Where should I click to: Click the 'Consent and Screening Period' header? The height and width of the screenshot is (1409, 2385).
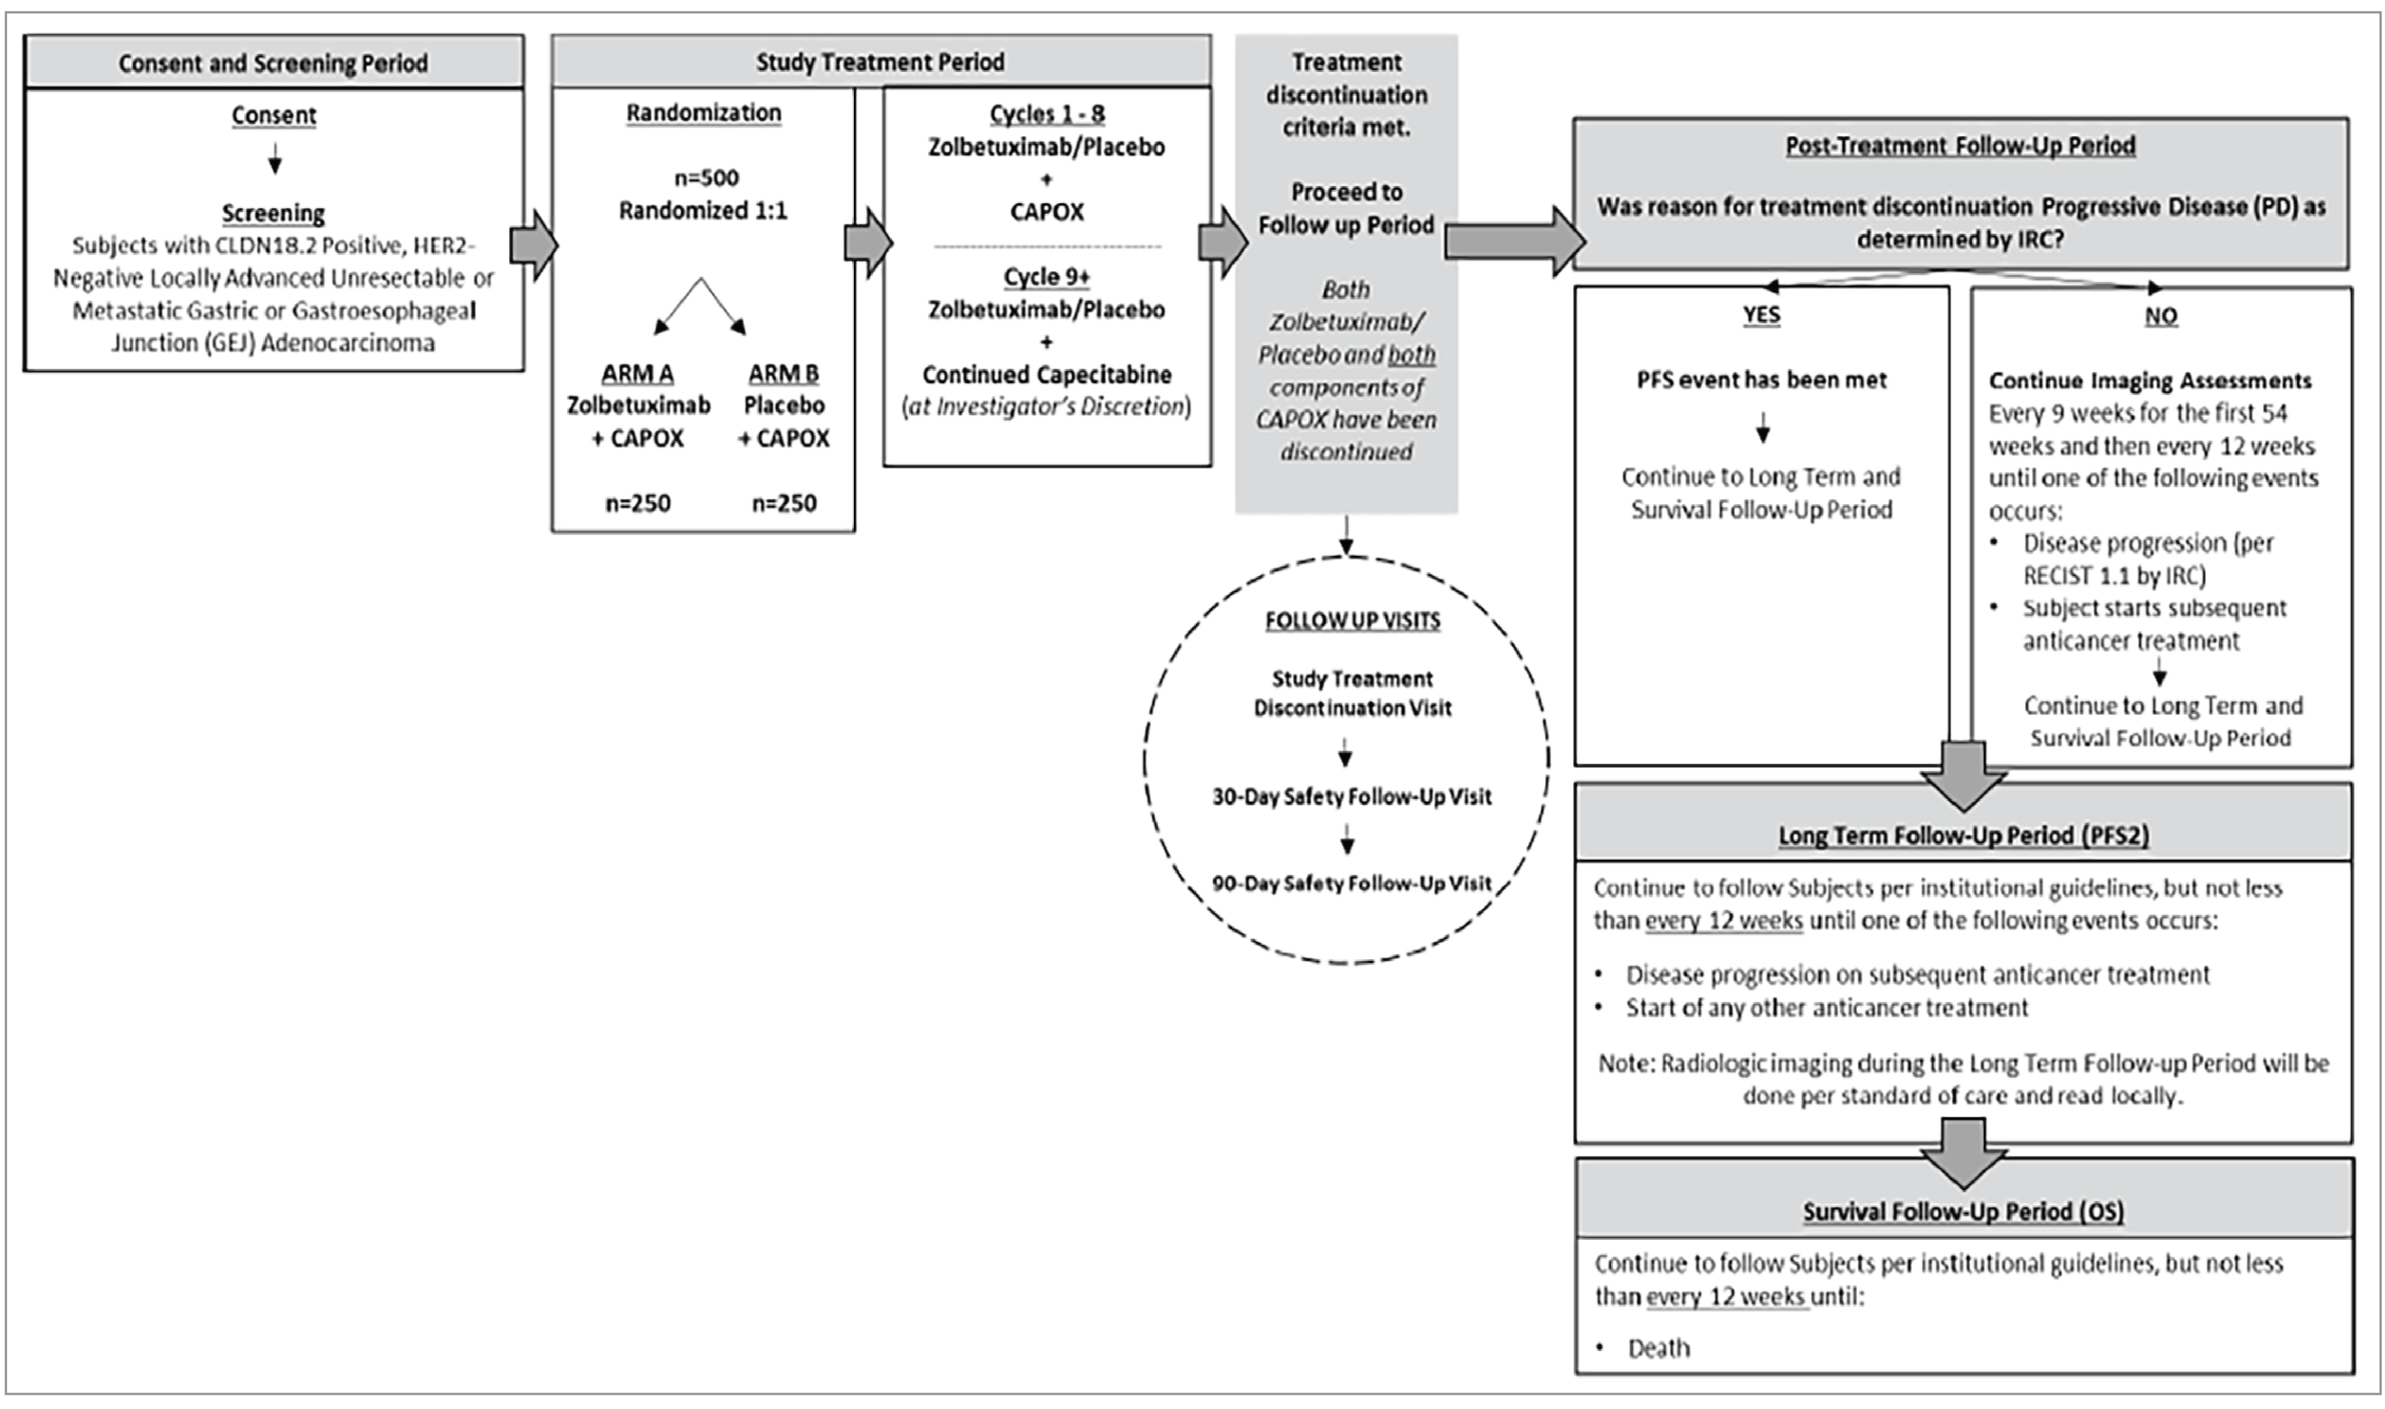(x=273, y=64)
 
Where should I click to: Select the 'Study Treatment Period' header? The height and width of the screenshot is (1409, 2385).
(x=880, y=63)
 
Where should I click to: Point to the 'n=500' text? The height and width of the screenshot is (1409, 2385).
(x=706, y=177)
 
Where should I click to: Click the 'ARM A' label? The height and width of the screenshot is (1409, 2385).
(x=637, y=373)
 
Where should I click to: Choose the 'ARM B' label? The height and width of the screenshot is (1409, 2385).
(x=783, y=373)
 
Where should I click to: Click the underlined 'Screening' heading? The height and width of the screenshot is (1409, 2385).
(x=273, y=213)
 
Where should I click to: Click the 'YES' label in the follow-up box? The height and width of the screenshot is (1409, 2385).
(x=1761, y=315)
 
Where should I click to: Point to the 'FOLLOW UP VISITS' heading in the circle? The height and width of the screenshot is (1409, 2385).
(x=1352, y=621)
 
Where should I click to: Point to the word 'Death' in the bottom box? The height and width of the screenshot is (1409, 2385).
(x=1659, y=1348)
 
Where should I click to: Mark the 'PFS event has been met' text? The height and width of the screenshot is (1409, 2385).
(x=1761, y=380)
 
